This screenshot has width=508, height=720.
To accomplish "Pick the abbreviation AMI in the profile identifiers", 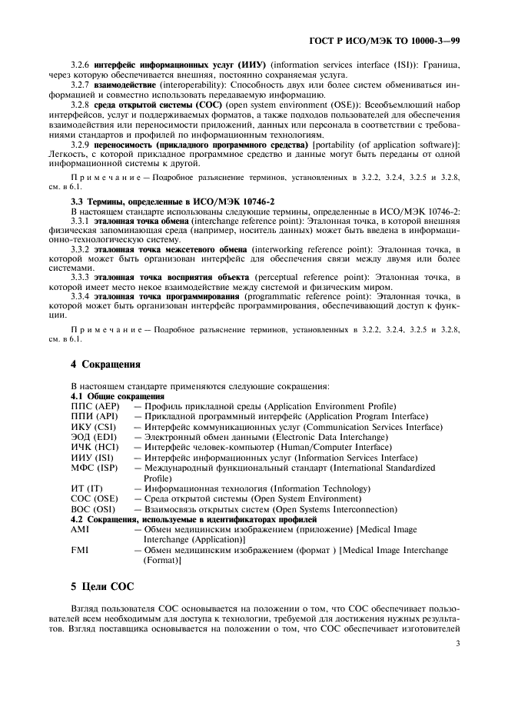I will (x=80, y=529).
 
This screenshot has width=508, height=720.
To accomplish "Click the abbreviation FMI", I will (x=79, y=550).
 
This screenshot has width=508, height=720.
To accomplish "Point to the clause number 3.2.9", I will (x=81, y=144).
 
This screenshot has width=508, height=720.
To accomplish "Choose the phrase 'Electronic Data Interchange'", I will (x=320, y=436).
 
